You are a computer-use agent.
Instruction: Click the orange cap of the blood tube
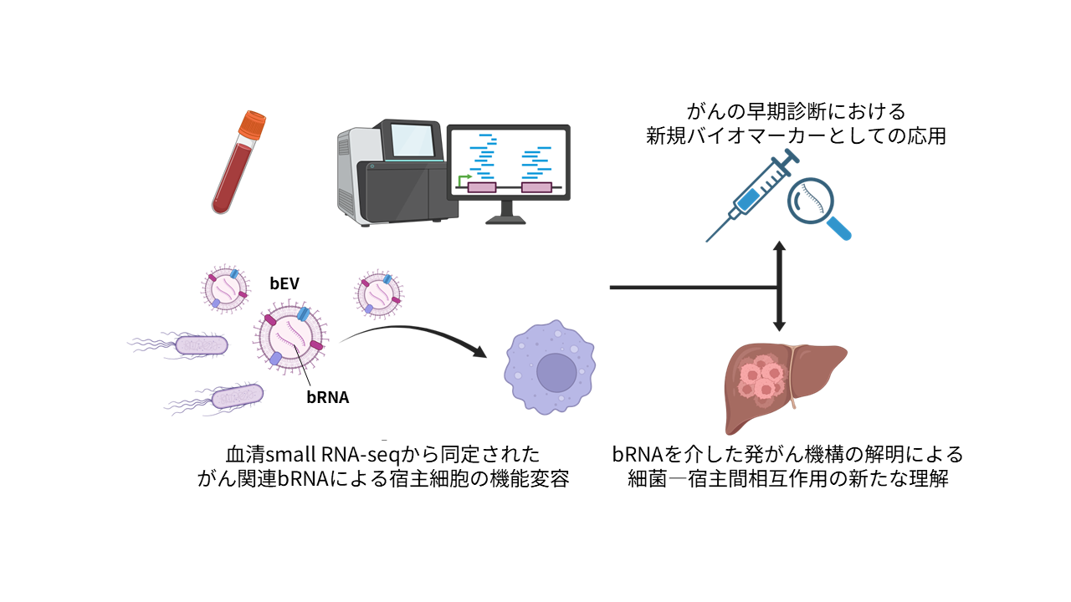(x=251, y=125)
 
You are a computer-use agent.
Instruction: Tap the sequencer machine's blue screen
(x=413, y=141)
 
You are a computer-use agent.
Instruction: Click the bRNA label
(x=327, y=398)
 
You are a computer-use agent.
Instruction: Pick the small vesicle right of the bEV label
(x=378, y=293)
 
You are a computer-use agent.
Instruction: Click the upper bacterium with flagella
(x=201, y=344)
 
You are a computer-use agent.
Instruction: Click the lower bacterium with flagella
(x=237, y=395)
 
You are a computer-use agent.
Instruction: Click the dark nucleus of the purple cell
(x=556, y=372)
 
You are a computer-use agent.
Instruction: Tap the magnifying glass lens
(x=812, y=200)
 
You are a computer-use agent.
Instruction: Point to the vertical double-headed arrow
(x=779, y=287)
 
